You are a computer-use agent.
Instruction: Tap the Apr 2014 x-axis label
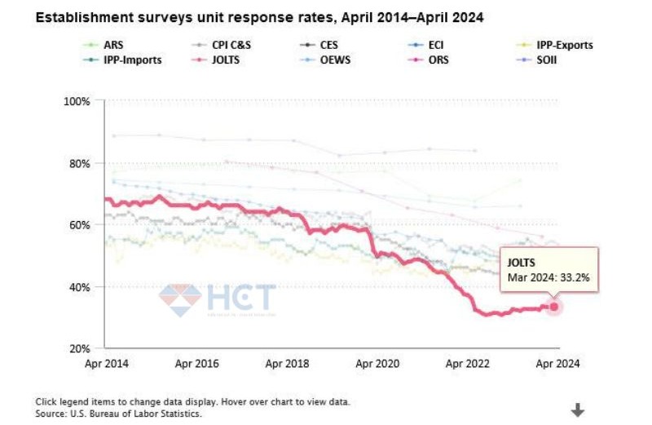pyautogui.click(x=105, y=365)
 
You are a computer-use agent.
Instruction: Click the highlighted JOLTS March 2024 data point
pyautogui.click(x=554, y=307)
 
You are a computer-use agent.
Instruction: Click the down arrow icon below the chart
pyautogui.click(x=578, y=410)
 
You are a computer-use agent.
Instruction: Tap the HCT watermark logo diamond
pyautogui.click(x=179, y=299)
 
